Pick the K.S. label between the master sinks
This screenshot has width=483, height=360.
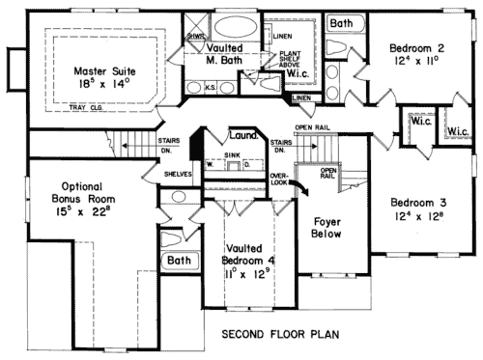pos(212,86)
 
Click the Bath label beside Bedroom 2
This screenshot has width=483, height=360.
pos(341,21)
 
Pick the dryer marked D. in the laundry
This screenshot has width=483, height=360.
pos(246,163)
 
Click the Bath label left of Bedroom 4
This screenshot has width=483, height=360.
pos(178,261)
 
